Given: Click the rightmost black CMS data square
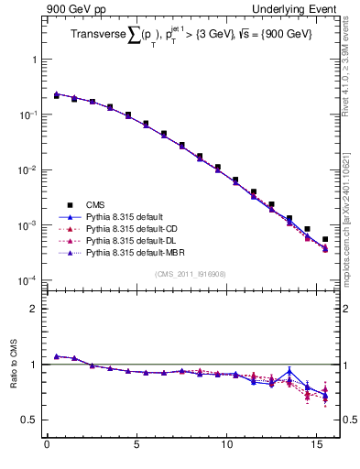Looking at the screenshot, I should tap(325, 239).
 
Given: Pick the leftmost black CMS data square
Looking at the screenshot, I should tap(56, 95).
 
